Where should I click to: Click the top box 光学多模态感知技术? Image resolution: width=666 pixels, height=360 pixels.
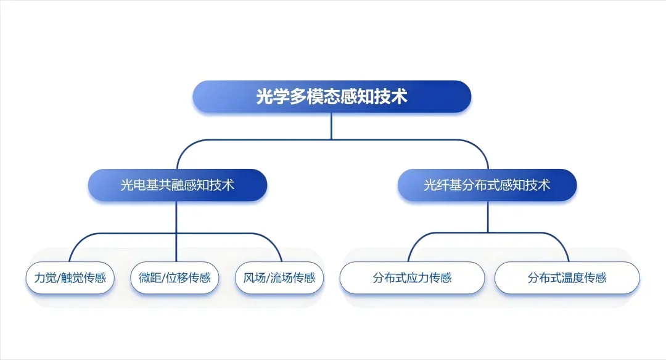332,97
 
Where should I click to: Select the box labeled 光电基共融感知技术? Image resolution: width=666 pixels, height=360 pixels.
177,185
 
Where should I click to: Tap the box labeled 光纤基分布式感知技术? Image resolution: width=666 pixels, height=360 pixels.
487,185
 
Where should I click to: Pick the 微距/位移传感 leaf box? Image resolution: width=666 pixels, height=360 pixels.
171,277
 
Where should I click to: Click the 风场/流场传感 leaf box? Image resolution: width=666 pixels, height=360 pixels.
275,277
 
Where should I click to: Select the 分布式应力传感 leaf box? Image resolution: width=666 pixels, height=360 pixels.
412,277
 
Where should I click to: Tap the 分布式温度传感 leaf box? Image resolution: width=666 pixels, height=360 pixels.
567,277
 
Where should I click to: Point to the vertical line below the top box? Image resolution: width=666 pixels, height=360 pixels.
332,126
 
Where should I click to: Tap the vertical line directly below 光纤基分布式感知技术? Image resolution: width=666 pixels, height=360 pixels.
487,216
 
